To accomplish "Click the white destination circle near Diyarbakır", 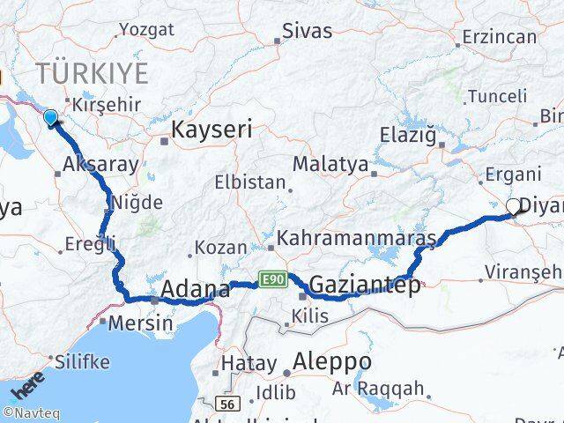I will pos(514,207).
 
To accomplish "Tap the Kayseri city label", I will pos(211,130).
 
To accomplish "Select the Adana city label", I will pos(196,288).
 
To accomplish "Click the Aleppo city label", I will pos(332,361).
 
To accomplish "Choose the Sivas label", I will pos(307,31).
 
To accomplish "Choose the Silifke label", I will pos(82,361).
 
